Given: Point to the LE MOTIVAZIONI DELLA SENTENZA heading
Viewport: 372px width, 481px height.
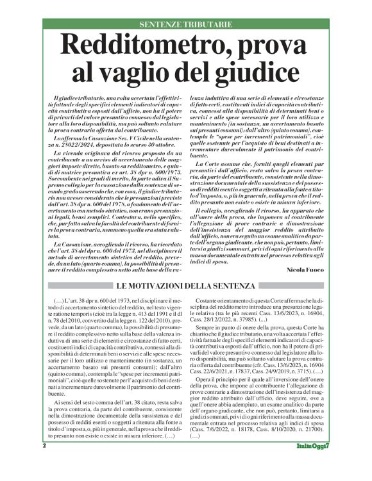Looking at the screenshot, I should pos(185,286).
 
